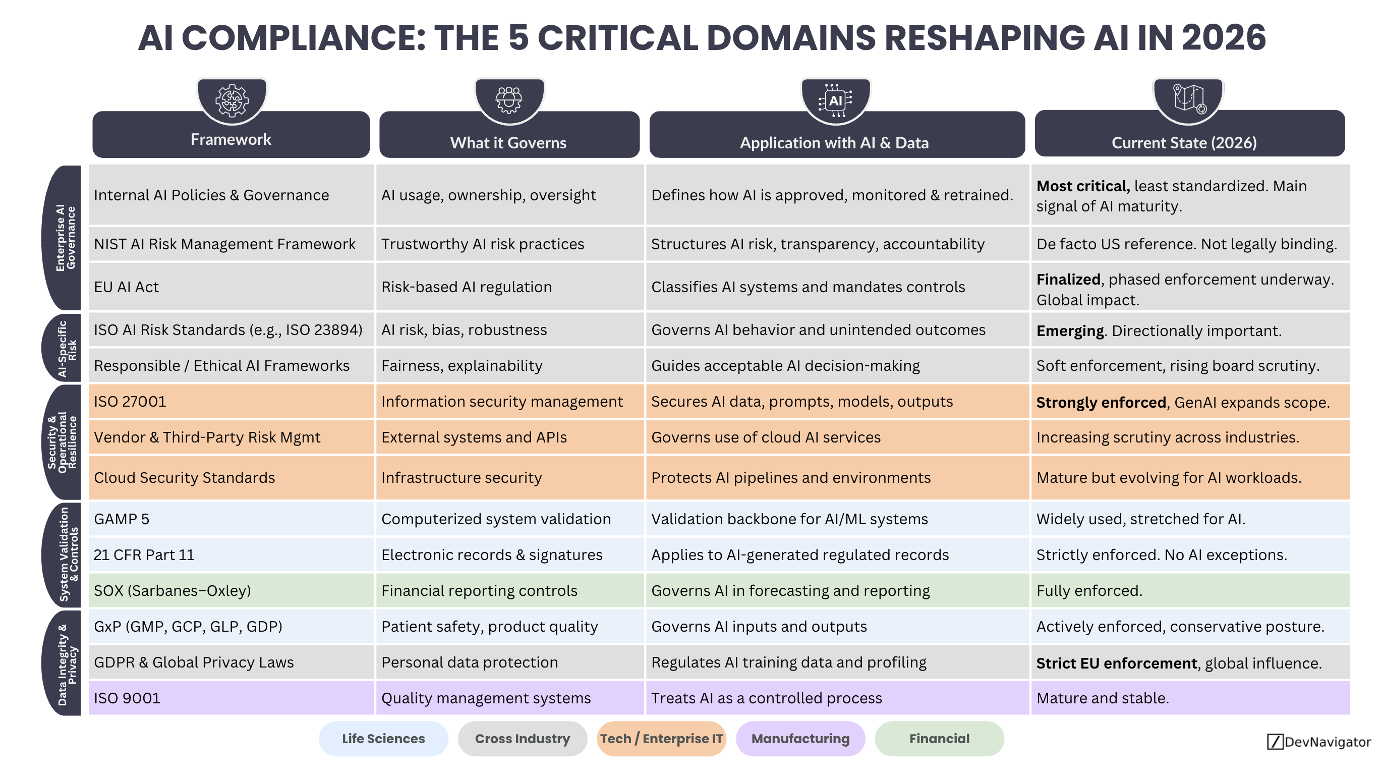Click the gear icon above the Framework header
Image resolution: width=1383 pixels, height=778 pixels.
tap(232, 100)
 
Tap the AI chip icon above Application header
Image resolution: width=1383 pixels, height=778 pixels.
tap(835, 100)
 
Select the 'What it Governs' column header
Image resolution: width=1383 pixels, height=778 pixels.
tap(508, 142)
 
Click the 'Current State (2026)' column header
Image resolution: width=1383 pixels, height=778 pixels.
tap(1184, 142)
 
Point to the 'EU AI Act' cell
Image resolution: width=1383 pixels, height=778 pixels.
tap(127, 287)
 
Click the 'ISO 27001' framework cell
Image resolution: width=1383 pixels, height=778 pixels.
tap(131, 402)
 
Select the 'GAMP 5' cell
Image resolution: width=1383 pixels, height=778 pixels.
tap(122, 519)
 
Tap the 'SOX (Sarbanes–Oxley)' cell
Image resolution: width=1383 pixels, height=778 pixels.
tap(172, 591)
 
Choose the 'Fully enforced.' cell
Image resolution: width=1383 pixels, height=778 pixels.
tap(1089, 591)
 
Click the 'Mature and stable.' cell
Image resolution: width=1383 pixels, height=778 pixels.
tap(1103, 698)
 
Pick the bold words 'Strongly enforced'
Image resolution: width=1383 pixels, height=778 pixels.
tap(1101, 403)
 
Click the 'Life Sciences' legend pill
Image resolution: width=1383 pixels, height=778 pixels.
tap(383, 739)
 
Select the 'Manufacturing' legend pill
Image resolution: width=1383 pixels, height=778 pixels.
tap(800, 739)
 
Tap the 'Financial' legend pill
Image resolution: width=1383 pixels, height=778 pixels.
tap(939, 739)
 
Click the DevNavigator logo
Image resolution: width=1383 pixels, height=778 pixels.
tap(1318, 742)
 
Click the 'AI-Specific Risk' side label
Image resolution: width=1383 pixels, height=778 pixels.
tap(67, 349)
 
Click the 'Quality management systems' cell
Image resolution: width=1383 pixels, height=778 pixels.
tap(486, 698)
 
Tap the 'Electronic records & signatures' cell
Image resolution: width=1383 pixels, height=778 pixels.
tap(492, 554)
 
